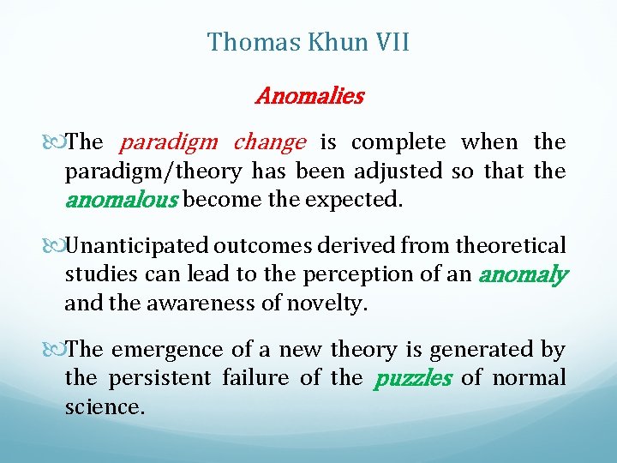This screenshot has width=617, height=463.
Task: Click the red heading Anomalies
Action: point(309,96)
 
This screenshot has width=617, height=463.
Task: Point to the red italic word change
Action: point(269,141)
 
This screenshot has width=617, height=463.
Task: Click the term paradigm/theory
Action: point(153,171)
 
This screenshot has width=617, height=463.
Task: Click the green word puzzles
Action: point(412,378)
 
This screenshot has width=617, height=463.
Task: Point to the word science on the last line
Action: point(104,407)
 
